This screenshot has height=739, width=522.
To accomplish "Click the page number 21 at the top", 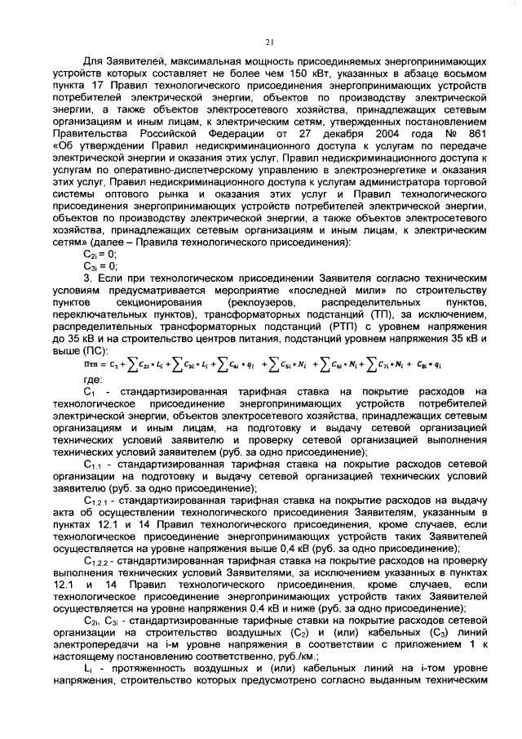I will (268, 43).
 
